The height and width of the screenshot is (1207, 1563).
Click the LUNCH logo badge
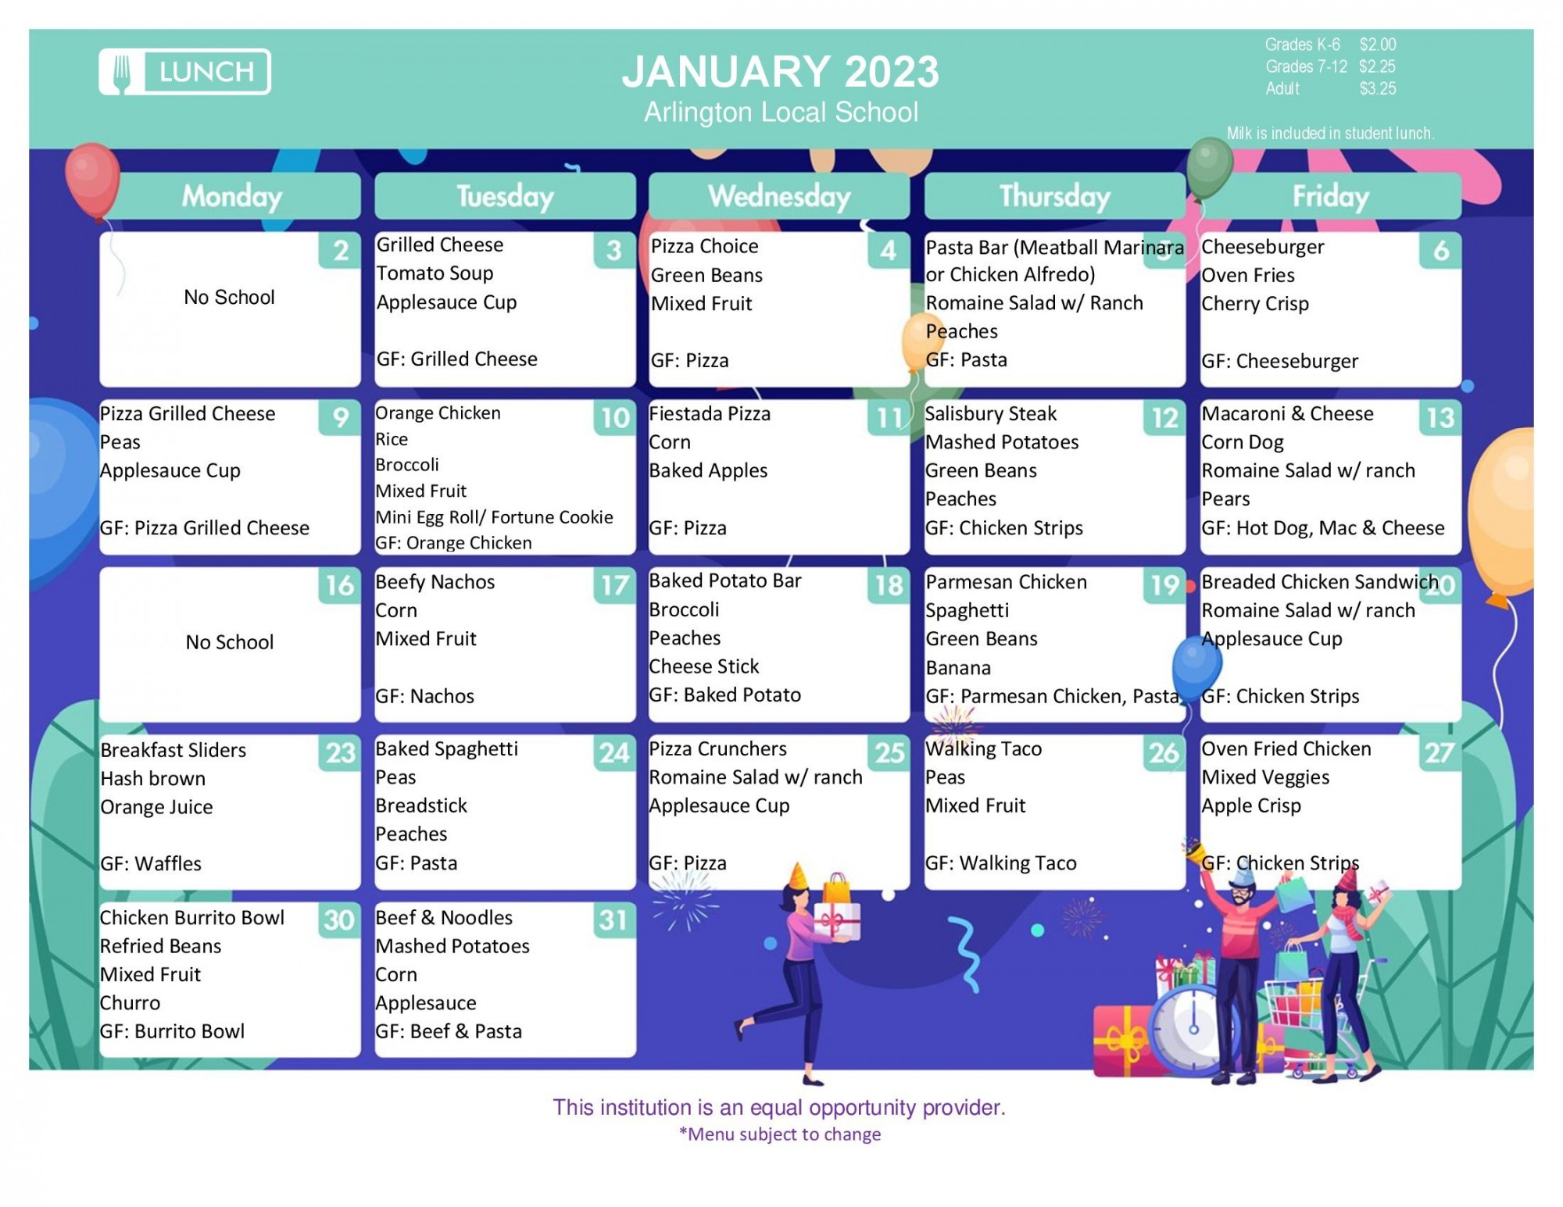tap(184, 72)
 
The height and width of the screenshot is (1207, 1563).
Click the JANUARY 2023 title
tap(780, 72)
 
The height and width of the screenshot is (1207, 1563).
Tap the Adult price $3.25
tap(1377, 89)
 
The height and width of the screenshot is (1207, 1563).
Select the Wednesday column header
tap(779, 196)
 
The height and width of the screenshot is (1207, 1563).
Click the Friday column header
tap(1330, 196)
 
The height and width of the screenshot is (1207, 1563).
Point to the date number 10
tap(615, 418)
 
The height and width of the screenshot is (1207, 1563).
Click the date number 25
tap(889, 752)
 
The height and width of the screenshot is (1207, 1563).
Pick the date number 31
tap(614, 920)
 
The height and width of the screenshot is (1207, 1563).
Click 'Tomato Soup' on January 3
tap(435, 273)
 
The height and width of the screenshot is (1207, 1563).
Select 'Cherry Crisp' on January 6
tap(1254, 304)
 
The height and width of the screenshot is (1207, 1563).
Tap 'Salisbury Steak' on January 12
tap(990, 414)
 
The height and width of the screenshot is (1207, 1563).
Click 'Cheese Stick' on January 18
tap(703, 666)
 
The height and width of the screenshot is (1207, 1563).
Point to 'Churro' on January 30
tap(130, 1003)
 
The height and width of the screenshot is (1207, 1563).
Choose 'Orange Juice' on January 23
tap(156, 807)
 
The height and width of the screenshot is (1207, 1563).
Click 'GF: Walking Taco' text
tap(1000, 863)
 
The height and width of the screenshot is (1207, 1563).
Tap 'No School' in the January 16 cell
tap(230, 642)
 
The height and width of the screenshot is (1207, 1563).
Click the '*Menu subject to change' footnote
tap(780, 1134)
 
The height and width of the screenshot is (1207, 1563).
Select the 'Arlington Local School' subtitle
tap(781, 112)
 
